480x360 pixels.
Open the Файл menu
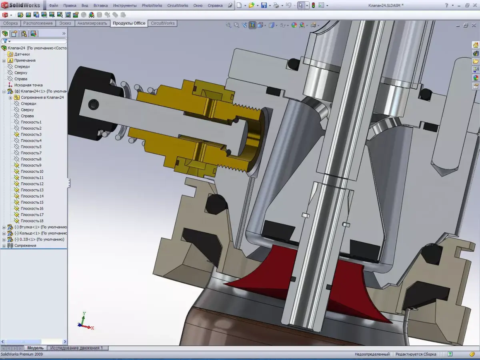click(x=53, y=6)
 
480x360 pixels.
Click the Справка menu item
click(x=215, y=6)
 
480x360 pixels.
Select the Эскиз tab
click(x=65, y=23)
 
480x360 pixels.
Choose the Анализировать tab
click(x=92, y=23)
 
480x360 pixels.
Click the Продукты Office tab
click(x=129, y=23)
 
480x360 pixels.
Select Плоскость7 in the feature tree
click(x=31, y=153)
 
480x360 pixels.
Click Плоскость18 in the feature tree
click(x=32, y=221)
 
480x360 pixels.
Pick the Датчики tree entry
click(x=22, y=54)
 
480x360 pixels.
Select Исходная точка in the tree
click(x=28, y=85)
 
